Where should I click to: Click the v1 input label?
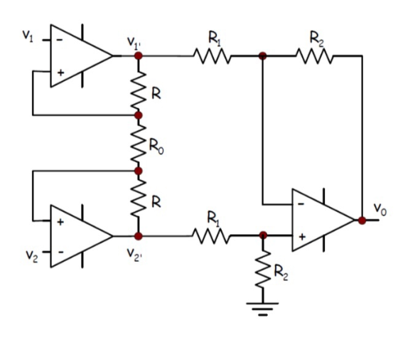click(28, 36)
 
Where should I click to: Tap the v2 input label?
click(32, 256)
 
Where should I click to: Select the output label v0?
click(380, 210)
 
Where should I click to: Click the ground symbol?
click(263, 309)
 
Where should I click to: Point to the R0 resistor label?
click(156, 147)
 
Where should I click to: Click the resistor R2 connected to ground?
click(263, 270)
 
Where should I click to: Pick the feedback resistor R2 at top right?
click(315, 55)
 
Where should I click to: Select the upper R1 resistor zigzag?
click(213, 56)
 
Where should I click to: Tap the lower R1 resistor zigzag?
click(211, 236)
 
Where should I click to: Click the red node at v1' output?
click(139, 55)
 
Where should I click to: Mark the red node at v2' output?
click(139, 236)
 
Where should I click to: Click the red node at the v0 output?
click(362, 221)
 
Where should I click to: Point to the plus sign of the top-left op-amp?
click(60, 73)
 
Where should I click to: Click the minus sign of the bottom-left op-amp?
click(60, 253)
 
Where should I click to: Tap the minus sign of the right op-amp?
click(301, 204)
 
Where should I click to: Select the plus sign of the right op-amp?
click(302, 237)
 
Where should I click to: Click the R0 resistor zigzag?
click(139, 144)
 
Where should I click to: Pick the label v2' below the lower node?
click(134, 255)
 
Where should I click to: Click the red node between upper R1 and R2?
click(263, 55)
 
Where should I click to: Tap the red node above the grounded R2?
click(263, 235)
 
